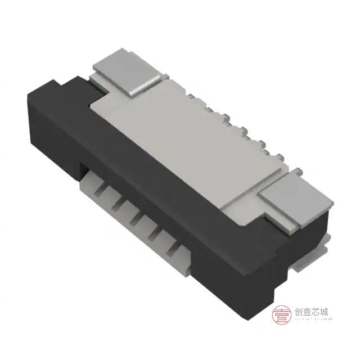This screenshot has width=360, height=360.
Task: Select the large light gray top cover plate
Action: coord(186,141)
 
